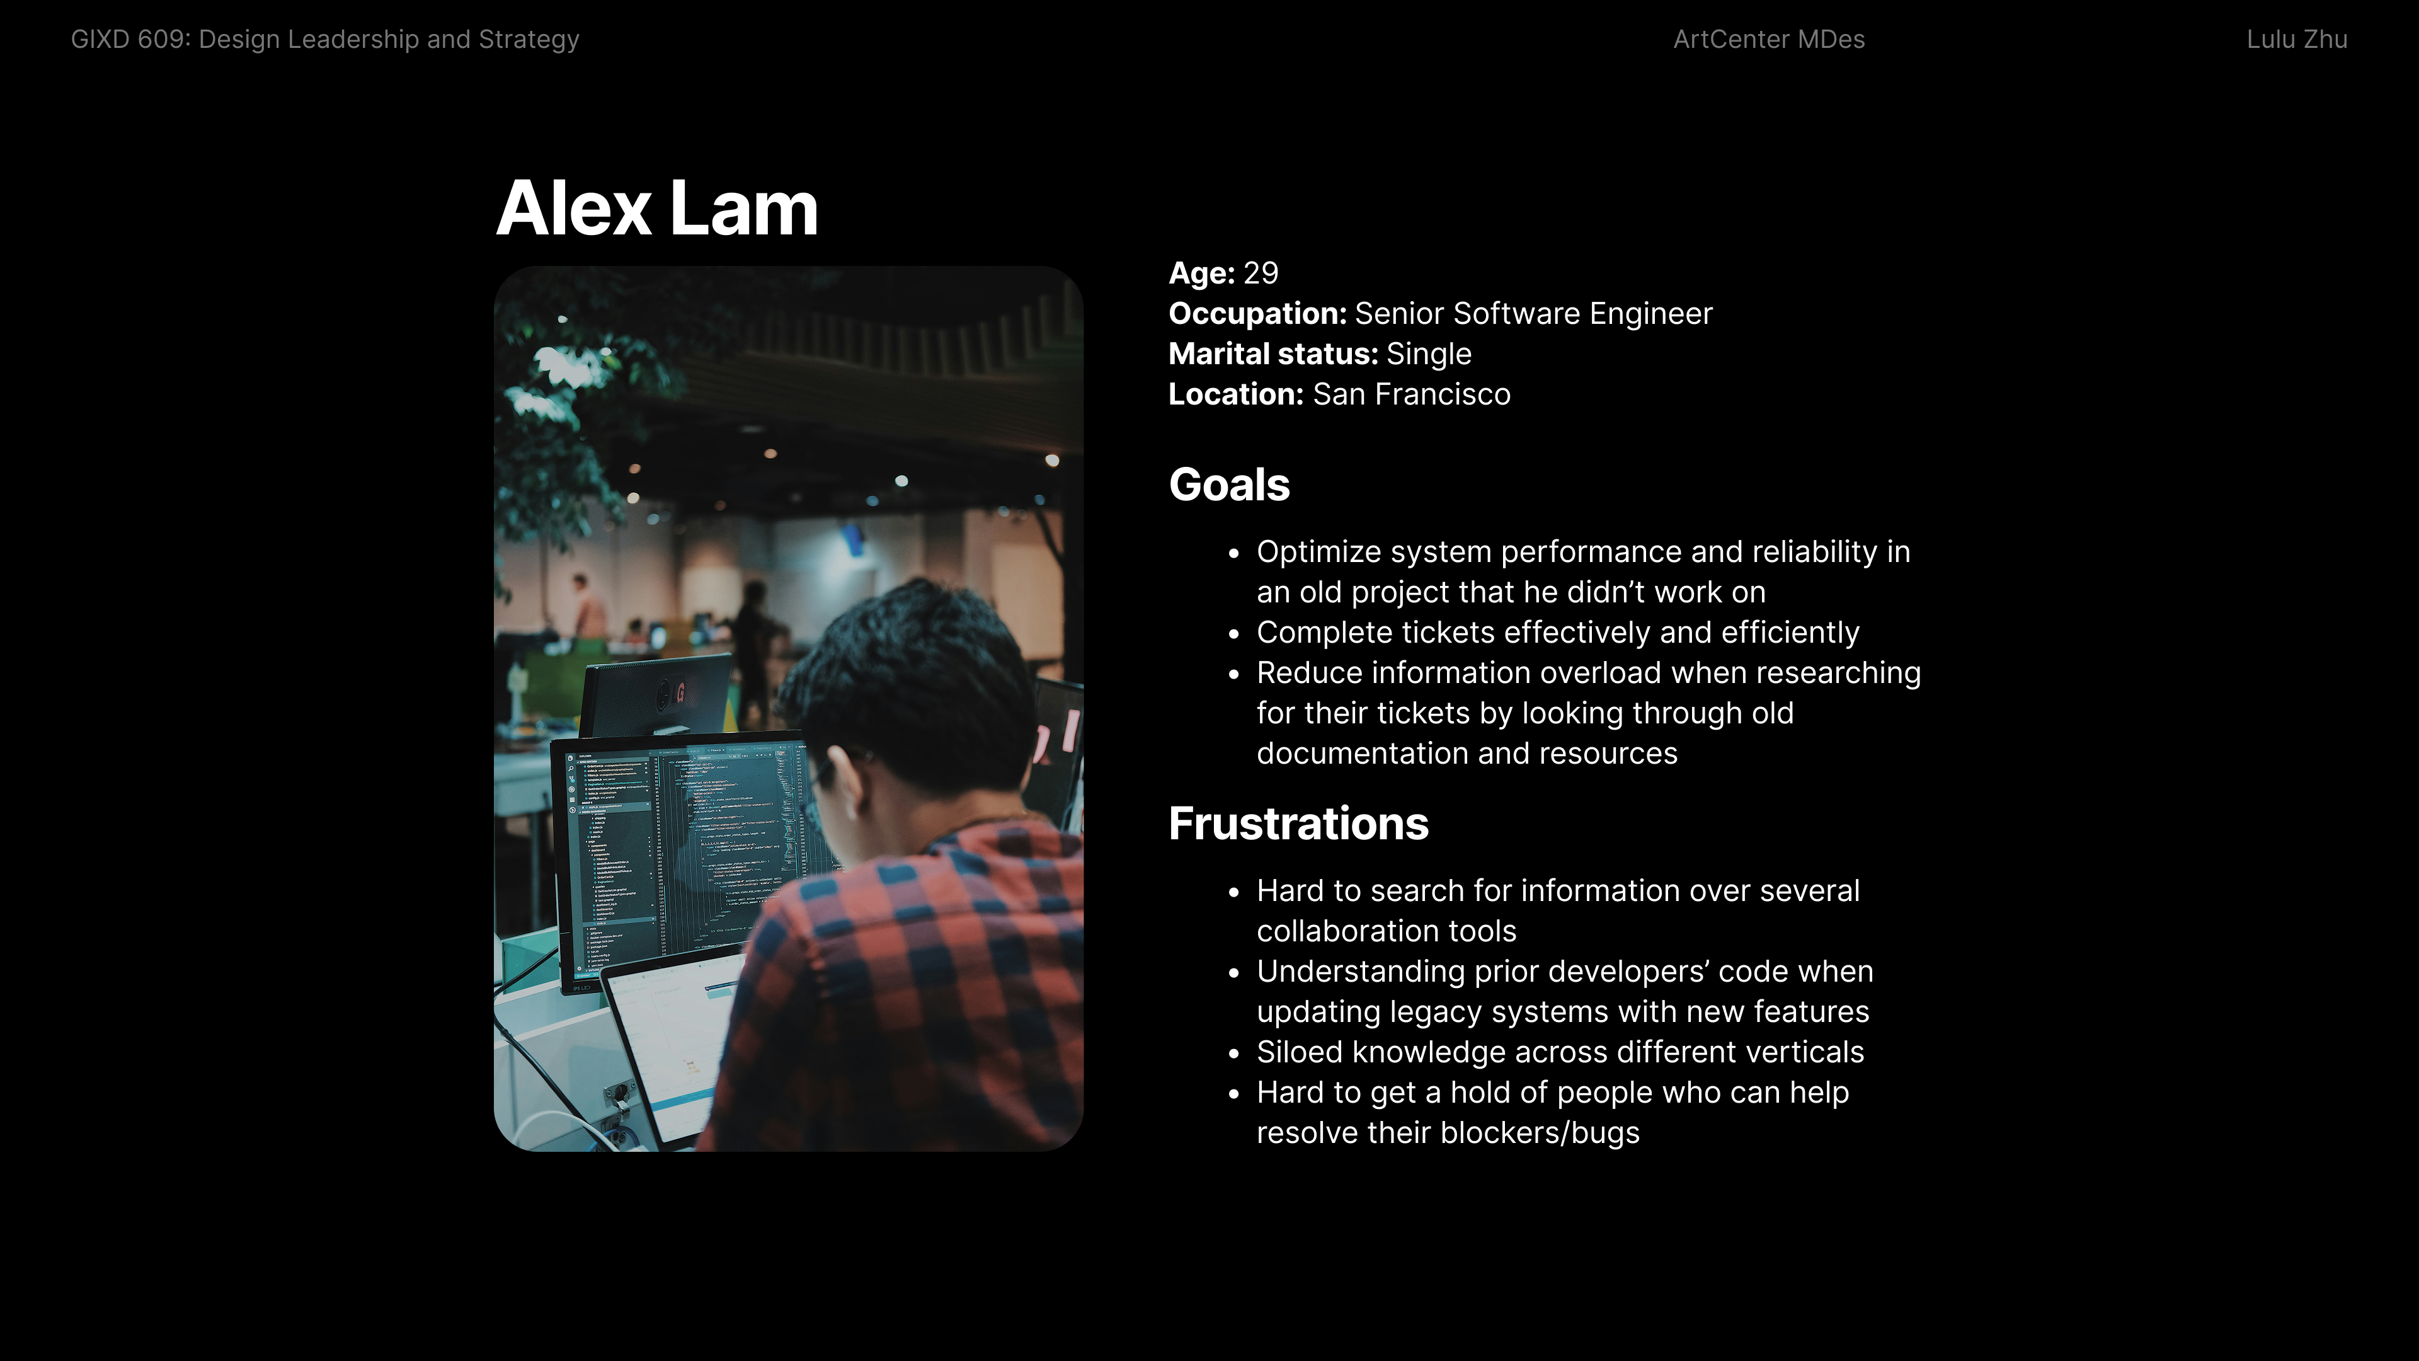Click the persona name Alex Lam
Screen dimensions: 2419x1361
coord(656,209)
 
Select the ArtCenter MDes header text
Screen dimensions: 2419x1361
coord(1768,40)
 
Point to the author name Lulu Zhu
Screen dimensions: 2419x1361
coord(2297,40)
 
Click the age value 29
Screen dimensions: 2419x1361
coord(1260,273)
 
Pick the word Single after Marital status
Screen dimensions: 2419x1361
coord(1428,354)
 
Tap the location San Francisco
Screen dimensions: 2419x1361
coord(1411,394)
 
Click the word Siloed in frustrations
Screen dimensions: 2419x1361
coord(1300,1052)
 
